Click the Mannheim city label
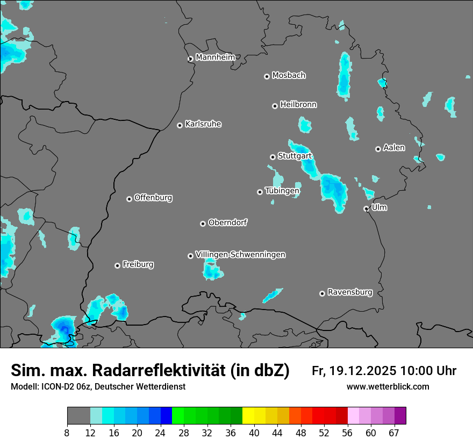[215, 57]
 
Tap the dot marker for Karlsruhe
[180, 125]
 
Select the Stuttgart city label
[295, 156]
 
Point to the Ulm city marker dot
[366, 208]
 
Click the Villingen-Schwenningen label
[240, 255]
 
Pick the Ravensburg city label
[350, 292]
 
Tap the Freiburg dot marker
[117, 265]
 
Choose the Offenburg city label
[153, 198]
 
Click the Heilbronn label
[298, 105]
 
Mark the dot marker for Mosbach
[267, 76]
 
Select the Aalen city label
[394, 148]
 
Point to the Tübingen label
[282, 191]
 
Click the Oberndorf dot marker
[203, 224]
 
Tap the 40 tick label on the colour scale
[254, 433]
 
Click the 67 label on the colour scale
[394, 433]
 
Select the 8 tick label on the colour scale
[67, 433]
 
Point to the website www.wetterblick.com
[388, 386]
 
